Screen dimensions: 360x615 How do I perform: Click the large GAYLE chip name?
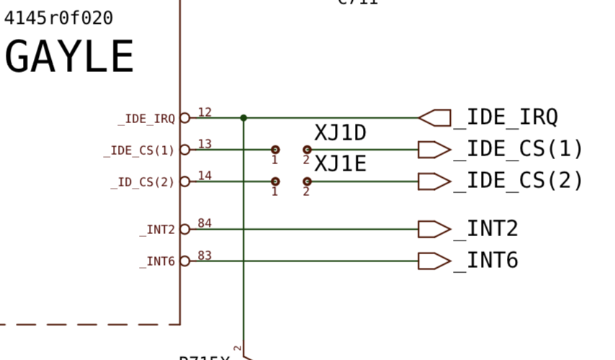click(x=70, y=57)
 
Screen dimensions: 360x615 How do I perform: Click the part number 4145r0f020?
click(x=58, y=18)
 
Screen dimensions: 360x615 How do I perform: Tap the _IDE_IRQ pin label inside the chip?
click(x=146, y=119)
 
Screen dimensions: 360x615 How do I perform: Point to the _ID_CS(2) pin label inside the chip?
click(x=143, y=182)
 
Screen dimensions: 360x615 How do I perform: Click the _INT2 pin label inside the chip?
click(x=157, y=230)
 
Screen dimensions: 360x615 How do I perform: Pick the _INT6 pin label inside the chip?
click(x=157, y=261)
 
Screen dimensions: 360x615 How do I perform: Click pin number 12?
click(x=205, y=112)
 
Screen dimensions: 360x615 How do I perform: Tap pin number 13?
click(x=205, y=144)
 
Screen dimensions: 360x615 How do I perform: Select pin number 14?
click(x=205, y=176)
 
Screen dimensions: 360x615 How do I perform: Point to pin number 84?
click(x=205, y=223)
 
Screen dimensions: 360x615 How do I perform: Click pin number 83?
click(x=205, y=255)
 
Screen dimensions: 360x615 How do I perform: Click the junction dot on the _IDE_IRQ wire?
click(x=243, y=117)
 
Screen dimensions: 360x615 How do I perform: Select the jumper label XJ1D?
click(x=341, y=133)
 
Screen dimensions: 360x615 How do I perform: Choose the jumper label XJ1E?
click(x=341, y=165)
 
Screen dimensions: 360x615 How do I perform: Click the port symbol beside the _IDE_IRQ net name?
click(x=434, y=117)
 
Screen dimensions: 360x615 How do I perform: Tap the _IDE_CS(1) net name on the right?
click(x=519, y=149)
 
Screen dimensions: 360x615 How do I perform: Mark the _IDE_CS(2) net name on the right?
click(x=519, y=181)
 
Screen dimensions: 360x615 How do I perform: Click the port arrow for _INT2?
click(x=434, y=229)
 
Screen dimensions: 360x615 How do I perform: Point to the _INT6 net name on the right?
click(x=486, y=261)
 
